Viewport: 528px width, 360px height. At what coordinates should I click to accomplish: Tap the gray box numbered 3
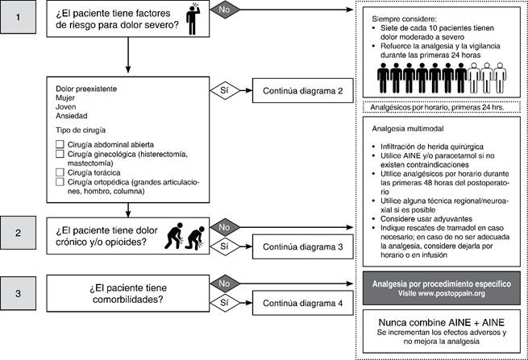click(x=19, y=292)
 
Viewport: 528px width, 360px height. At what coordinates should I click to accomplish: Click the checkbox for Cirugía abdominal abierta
click(x=60, y=144)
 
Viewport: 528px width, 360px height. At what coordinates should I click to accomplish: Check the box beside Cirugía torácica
click(x=60, y=172)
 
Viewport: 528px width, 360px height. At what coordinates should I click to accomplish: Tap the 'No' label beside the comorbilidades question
click(x=223, y=283)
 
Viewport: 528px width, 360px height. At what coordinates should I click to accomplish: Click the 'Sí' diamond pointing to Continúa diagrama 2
click(x=223, y=90)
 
